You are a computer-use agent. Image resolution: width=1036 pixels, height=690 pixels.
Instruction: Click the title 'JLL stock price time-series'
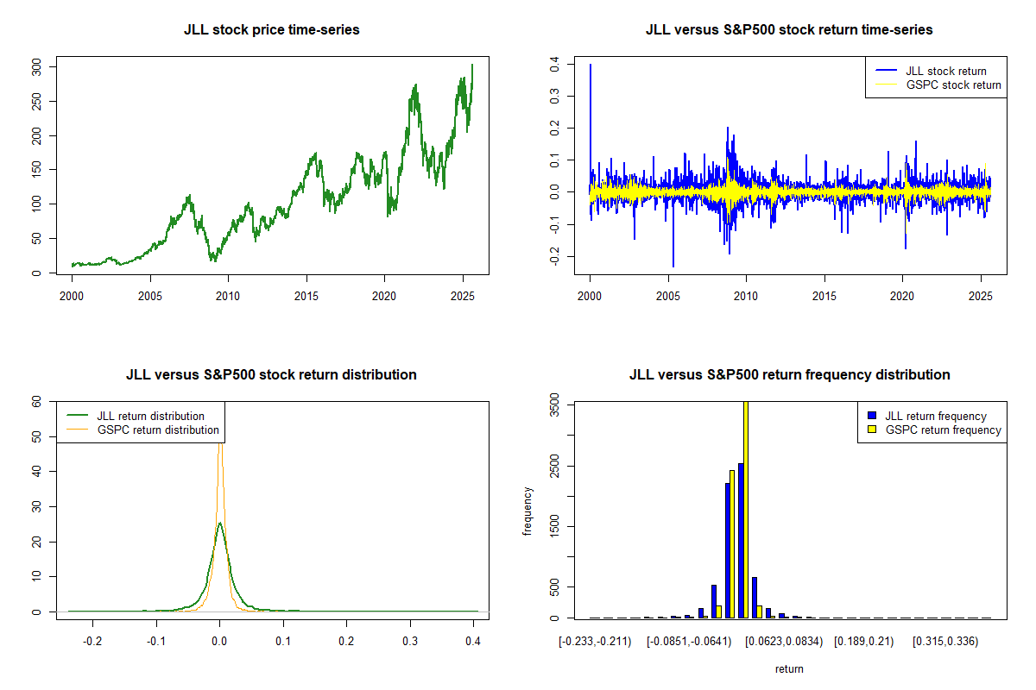coord(271,30)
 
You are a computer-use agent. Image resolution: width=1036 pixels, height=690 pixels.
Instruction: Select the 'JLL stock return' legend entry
coord(946,71)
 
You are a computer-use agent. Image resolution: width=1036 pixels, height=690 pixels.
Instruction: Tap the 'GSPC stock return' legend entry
coord(953,85)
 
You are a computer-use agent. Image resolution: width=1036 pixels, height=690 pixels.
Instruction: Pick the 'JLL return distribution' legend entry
coord(150,416)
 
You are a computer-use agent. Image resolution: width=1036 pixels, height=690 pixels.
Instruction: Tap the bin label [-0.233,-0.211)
coord(595,642)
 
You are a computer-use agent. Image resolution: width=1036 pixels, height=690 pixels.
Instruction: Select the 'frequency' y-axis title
coord(527,511)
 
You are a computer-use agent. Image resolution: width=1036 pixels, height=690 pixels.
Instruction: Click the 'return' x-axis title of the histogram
coord(789,668)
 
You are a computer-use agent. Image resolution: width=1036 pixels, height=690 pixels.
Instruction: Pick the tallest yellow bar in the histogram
coord(745,509)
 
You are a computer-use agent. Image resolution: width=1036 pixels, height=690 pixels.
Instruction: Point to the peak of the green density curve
coord(220,524)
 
